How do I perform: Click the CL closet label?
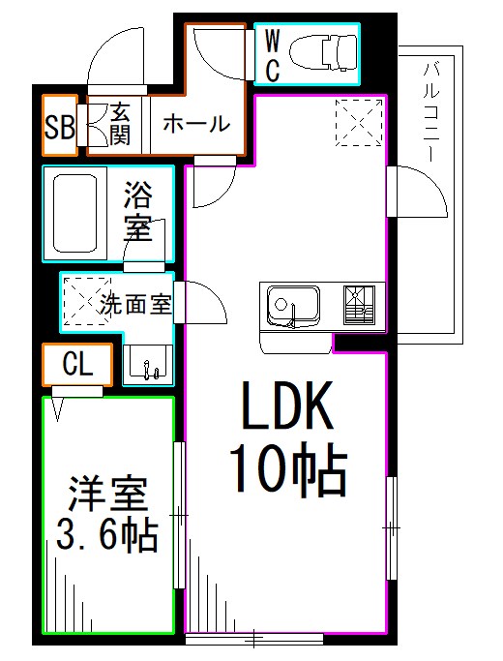click(x=76, y=365)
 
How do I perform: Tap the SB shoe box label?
click(x=59, y=127)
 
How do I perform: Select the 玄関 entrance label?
click(x=120, y=124)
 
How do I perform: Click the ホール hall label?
click(x=195, y=124)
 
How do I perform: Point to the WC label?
click(x=272, y=55)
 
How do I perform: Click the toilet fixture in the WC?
click(x=324, y=53)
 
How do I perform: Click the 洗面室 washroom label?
click(x=135, y=304)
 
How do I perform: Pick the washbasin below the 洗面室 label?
click(x=148, y=363)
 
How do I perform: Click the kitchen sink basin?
click(x=290, y=307)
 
